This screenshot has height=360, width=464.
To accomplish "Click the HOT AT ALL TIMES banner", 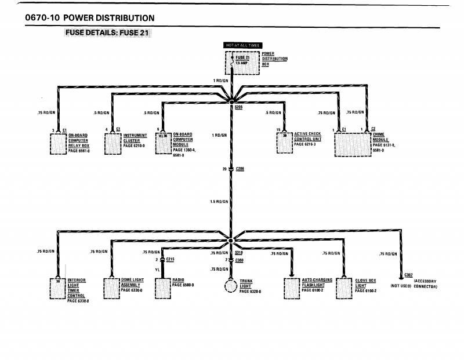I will [243, 45].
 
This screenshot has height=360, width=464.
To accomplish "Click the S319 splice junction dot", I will [231, 241].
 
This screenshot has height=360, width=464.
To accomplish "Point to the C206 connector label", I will [240, 169].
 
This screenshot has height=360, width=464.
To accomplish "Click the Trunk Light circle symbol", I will [231, 286].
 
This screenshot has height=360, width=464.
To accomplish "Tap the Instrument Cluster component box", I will [113, 143].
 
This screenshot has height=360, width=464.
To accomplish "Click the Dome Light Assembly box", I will [111, 288].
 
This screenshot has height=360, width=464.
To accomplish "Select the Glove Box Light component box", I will [345, 288].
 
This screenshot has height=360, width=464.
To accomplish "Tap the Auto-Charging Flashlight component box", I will [292, 288].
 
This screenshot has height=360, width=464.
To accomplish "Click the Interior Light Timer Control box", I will [59, 288].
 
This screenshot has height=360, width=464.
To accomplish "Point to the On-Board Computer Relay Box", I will [59, 143].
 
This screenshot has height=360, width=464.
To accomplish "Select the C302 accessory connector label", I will [408, 275].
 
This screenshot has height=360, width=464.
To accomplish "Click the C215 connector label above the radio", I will [170, 259].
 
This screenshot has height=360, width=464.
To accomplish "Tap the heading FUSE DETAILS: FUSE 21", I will [108, 32].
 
